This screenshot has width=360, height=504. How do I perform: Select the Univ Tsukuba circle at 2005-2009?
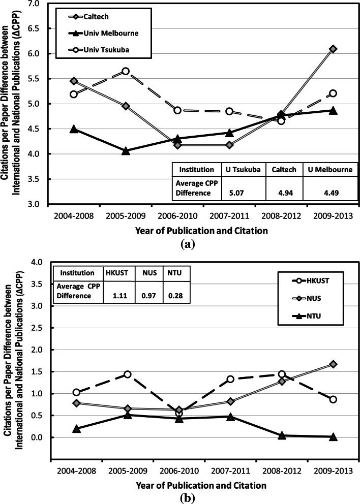click(126, 71)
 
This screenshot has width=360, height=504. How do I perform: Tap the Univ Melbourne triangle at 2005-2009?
click(126, 151)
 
